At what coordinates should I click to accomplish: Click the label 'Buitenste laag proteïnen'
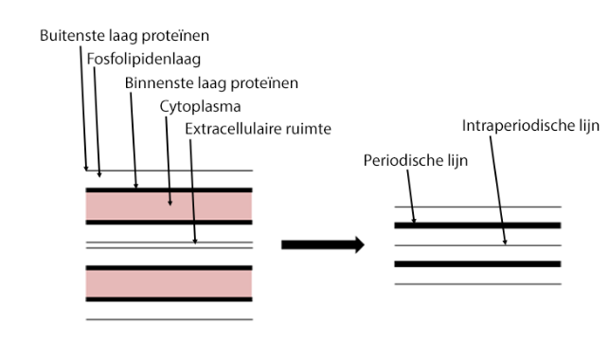click(124, 35)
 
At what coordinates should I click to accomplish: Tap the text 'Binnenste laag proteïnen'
click(212, 82)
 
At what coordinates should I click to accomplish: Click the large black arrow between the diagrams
click(323, 244)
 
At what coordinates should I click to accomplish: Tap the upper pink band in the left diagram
click(169, 205)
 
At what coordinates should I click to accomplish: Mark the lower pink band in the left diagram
click(169, 282)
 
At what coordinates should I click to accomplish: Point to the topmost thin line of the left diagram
click(169, 171)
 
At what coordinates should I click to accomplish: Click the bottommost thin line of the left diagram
click(169, 319)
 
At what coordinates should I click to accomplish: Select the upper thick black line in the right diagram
click(477, 225)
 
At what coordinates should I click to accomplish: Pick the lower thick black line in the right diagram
click(477, 263)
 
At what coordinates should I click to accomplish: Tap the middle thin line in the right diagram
click(477, 245)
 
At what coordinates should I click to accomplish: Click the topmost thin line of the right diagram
click(477, 207)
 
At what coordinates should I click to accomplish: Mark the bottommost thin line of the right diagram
click(477, 283)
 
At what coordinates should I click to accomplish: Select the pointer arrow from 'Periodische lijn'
click(406, 197)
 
